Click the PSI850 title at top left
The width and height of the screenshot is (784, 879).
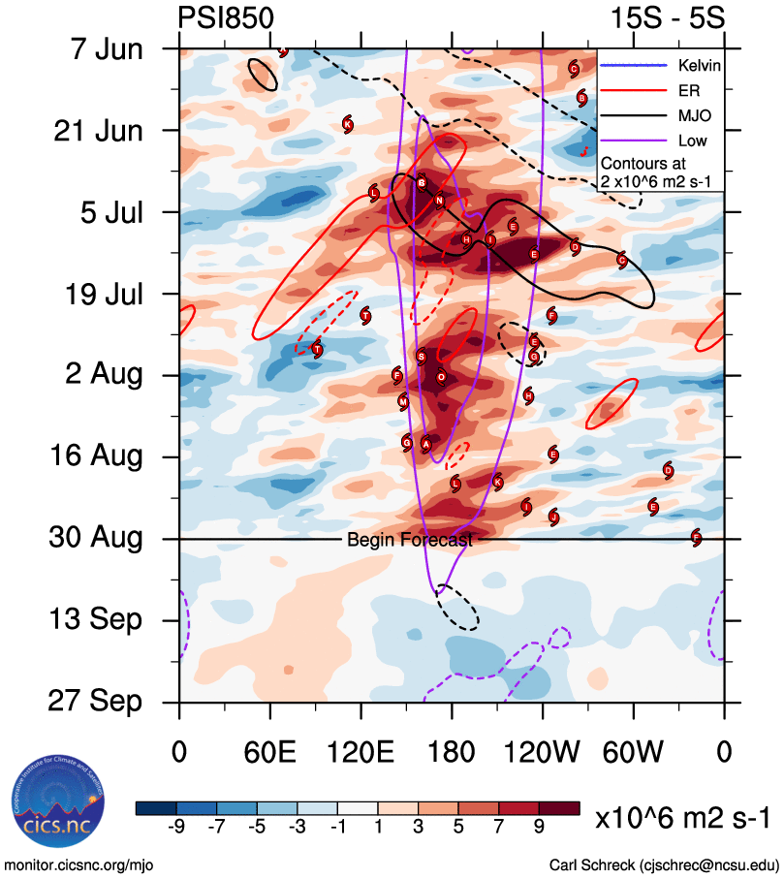[226, 18]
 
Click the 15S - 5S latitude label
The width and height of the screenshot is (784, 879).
[667, 18]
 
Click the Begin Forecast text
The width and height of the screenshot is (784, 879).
[409, 540]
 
